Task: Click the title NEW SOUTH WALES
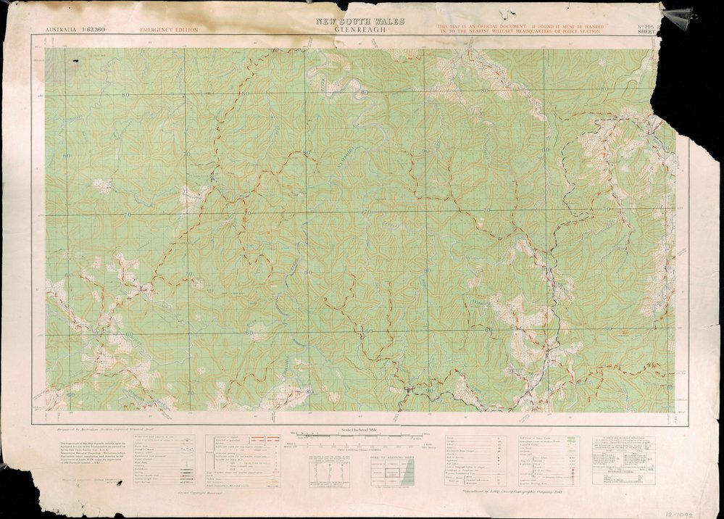click(x=359, y=21)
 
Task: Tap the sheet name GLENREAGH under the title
click(x=359, y=30)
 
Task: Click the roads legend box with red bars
click(x=239, y=461)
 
